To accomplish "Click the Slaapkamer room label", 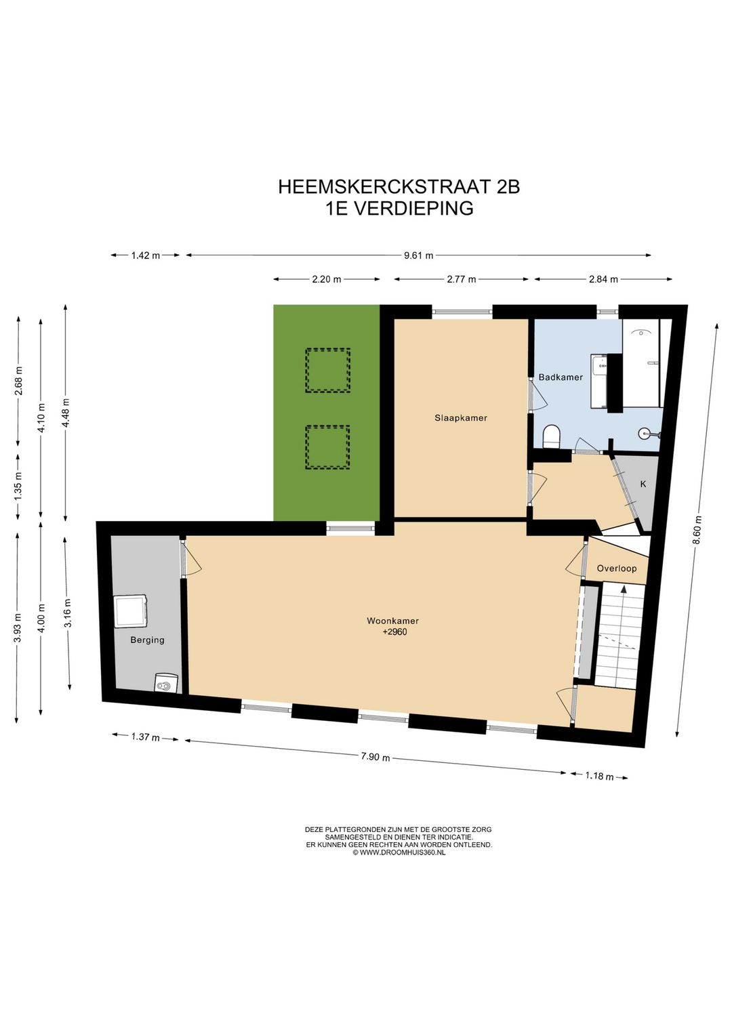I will click(x=461, y=418).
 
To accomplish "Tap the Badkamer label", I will click(x=561, y=377).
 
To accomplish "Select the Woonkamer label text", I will click(x=392, y=621).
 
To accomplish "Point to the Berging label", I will click(x=147, y=640).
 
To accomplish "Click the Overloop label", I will click(x=617, y=568).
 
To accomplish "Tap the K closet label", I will click(x=643, y=484).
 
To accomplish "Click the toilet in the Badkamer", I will click(x=552, y=437).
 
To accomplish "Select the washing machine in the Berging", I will click(x=131, y=611).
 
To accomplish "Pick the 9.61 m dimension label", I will click(x=418, y=255).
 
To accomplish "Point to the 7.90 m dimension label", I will click(x=375, y=756).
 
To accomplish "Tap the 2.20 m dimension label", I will click(x=327, y=279).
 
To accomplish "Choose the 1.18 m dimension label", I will click(x=599, y=776).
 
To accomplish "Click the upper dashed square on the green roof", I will click(x=327, y=370).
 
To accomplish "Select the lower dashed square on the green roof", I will click(x=327, y=447).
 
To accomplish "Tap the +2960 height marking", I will click(x=394, y=632).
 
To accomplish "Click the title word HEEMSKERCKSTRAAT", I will click(x=385, y=187).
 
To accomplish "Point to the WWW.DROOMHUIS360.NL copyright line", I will click(x=399, y=852).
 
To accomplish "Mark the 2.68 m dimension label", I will click(x=19, y=381).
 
